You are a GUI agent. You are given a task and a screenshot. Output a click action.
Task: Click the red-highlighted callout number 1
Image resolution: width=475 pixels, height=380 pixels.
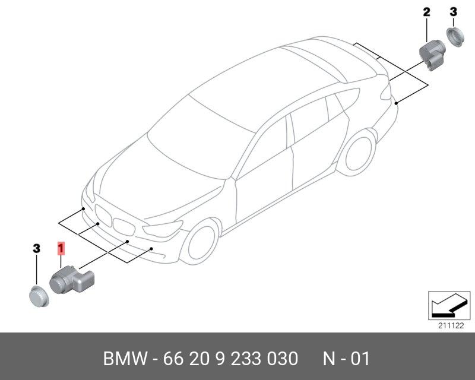coord(61,248)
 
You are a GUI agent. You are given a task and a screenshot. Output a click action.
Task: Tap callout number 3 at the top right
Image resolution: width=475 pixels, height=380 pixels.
coord(453,11)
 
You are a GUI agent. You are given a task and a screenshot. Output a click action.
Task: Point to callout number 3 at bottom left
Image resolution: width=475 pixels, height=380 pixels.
coord(36,248)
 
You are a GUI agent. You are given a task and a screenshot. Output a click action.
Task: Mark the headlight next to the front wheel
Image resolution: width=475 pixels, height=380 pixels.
coord(162,229)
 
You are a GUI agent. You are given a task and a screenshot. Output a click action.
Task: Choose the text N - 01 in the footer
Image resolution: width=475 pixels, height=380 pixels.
coord(346,359)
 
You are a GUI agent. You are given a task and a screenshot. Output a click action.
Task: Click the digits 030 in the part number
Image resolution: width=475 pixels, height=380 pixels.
coord(281,359)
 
